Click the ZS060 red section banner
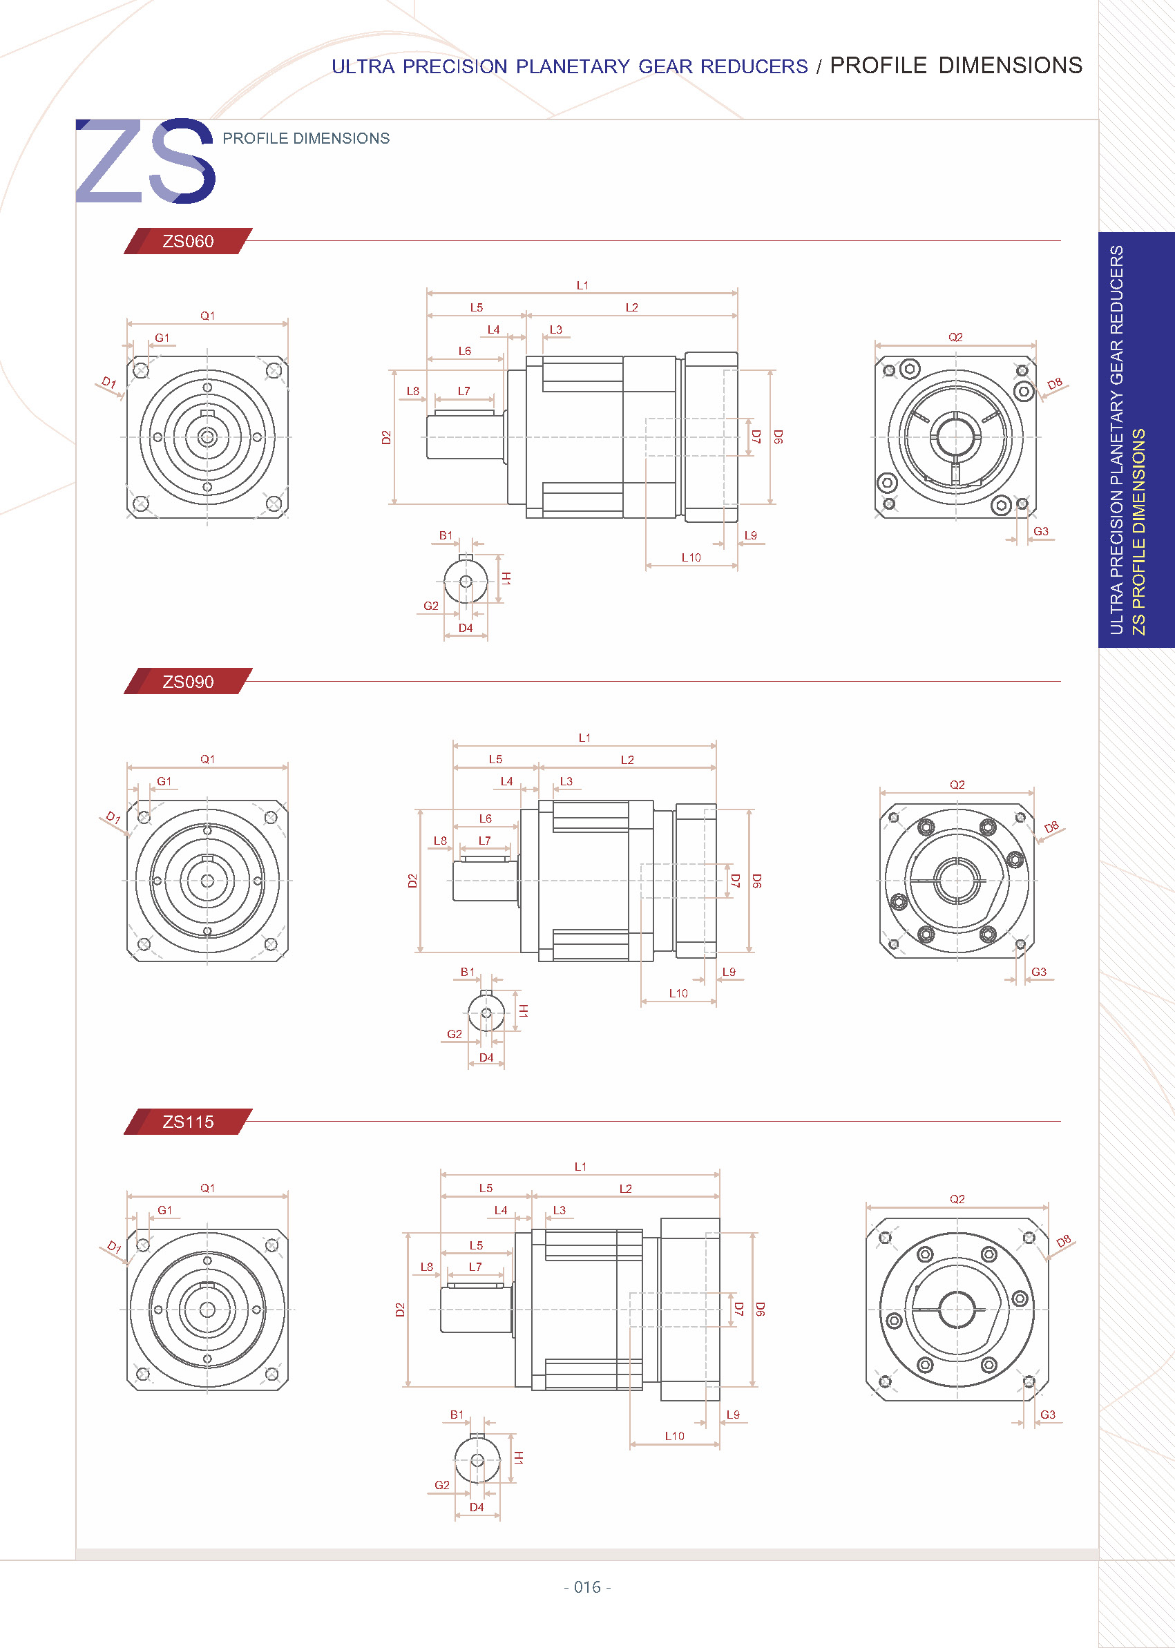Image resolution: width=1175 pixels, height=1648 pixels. pyautogui.click(x=187, y=241)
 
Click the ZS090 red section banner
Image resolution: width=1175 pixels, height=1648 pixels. pyautogui.click(x=187, y=682)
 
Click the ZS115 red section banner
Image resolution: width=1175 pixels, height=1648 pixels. pyautogui.click(x=187, y=1122)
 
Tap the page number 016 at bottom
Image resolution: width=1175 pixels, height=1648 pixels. pyautogui.click(x=586, y=1587)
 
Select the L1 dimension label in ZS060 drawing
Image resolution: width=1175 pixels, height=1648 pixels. pyautogui.click(x=582, y=286)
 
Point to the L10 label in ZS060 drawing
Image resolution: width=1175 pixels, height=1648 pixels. pyautogui.click(x=691, y=558)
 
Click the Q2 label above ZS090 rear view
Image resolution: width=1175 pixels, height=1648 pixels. pyautogui.click(x=957, y=785)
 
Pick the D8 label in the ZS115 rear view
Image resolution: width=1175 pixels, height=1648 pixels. pyautogui.click(x=1063, y=1241)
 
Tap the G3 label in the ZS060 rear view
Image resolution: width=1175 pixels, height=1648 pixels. pyautogui.click(x=1040, y=532)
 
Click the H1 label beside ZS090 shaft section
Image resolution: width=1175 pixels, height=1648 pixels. pyautogui.click(x=523, y=1010)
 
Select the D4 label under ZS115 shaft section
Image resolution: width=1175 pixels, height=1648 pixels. pyautogui.click(x=476, y=1508)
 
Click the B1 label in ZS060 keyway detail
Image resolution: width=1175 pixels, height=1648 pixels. pyautogui.click(x=446, y=536)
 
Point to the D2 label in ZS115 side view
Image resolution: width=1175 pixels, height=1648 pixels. pyautogui.click(x=400, y=1310)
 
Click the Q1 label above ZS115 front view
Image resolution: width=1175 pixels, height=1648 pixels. pyautogui.click(x=208, y=1189)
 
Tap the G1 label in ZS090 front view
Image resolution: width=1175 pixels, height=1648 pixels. pyautogui.click(x=164, y=781)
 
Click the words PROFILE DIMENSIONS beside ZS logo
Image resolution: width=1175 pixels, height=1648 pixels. pyautogui.click(x=306, y=138)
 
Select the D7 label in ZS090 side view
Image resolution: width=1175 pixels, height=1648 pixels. pyautogui.click(x=735, y=881)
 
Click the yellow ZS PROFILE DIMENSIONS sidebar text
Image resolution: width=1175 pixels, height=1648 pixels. pyautogui.click(x=1139, y=532)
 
